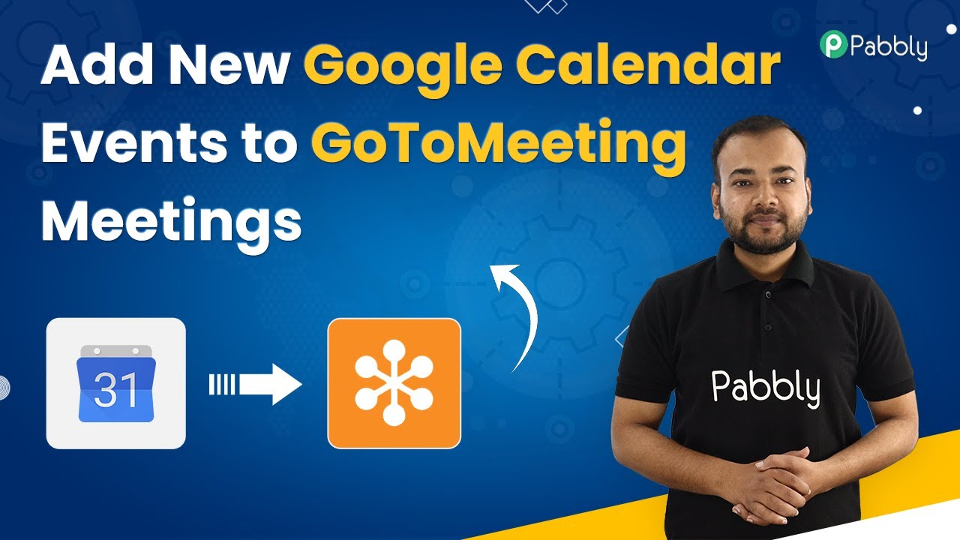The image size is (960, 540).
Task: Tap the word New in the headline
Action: click(229, 64)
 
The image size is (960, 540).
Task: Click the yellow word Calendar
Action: click(648, 64)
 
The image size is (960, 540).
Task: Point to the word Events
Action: click(134, 142)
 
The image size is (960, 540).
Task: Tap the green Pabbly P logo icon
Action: click(833, 43)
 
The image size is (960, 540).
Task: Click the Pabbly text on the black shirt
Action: click(766, 388)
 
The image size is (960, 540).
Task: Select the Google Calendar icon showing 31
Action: click(115, 383)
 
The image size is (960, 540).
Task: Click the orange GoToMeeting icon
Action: click(394, 383)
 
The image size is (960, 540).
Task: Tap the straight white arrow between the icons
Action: click(256, 384)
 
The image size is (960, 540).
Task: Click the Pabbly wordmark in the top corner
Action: click(889, 46)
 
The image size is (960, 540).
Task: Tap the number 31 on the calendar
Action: click(115, 389)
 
